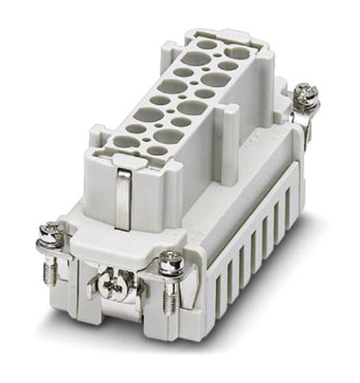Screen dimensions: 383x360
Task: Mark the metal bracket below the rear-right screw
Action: (307, 125)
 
